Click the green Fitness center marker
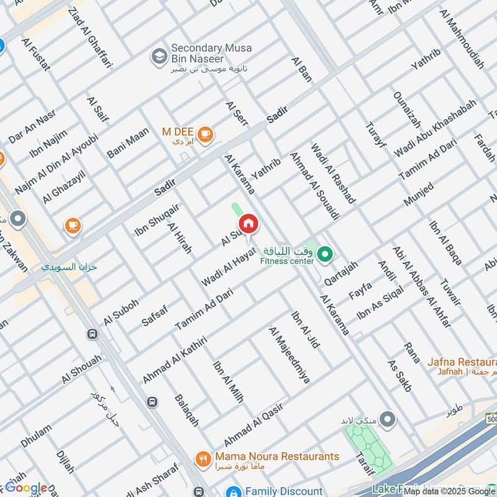click(x=324, y=253)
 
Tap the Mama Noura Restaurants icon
click(x=203, y=459)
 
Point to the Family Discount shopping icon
click(x=234, y=491)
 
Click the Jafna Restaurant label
click(x=462, y=362)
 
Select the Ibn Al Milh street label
click(x=228, y=382)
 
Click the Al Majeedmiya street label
click(x=288, y=355)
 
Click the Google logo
click(x=26, y=488)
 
